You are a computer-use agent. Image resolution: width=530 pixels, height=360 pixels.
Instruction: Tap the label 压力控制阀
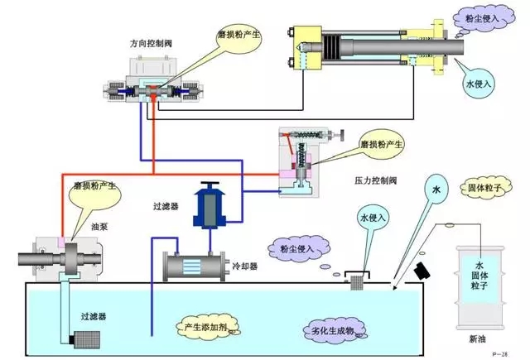tap(365, 178)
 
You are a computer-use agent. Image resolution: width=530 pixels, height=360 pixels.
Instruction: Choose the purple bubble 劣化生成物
tap(332, 331)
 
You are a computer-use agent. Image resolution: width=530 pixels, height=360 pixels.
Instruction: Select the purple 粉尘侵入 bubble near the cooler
tap(301, 246)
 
